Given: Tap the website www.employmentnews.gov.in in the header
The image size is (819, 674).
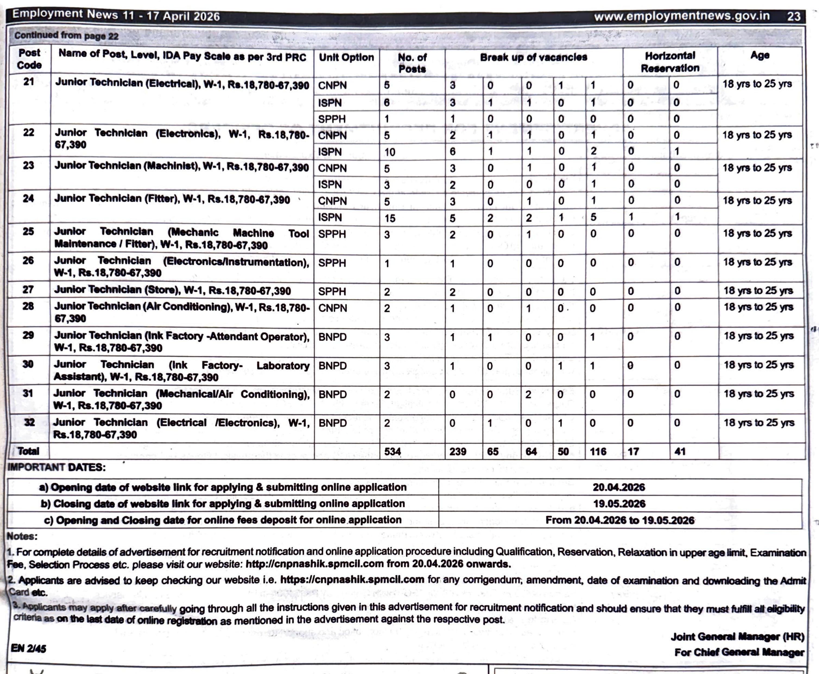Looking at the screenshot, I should (682, 16).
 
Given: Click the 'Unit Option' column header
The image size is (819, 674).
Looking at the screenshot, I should (346, 57).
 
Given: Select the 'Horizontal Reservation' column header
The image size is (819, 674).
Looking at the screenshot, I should (670, 62).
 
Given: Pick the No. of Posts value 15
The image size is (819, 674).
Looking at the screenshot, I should (390, 218).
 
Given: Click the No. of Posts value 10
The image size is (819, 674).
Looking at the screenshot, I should (390, 152).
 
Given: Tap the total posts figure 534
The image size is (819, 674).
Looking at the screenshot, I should (393, 451).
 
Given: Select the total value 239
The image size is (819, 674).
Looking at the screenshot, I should (458, 451).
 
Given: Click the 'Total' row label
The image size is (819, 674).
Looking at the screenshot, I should (28, 451).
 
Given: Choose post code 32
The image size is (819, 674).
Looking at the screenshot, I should (29, 422).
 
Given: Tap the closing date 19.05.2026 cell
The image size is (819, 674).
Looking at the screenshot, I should (619, 504).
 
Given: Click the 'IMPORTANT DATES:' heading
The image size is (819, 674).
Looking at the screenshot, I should (57, 467).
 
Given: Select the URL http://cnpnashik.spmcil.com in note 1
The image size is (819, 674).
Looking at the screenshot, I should (315, 564).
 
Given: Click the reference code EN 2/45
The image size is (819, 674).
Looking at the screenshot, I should (28, 648).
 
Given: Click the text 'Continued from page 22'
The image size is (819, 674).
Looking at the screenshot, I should (66, 36).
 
